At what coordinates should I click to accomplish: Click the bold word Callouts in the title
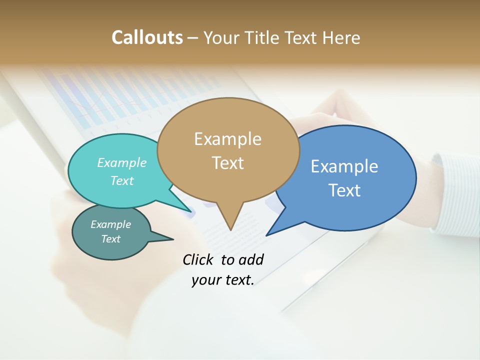point(147,37)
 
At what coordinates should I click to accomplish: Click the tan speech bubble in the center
point(228,150)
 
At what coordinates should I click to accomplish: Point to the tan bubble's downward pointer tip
point(230,230)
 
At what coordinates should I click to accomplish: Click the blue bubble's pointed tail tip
point(266,235)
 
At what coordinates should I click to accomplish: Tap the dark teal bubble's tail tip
point(173,239)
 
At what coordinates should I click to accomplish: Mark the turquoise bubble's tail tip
point(191,211)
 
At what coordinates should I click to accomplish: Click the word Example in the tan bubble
point(227,138)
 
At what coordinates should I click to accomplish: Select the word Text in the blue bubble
point(344,190)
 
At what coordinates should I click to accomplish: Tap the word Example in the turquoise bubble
point(122,162)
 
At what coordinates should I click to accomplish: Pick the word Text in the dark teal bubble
point(110,239)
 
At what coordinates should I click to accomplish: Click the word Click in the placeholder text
point(198,259)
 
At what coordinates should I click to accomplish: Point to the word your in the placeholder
point(205,280)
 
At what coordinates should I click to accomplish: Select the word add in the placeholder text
point(251,259)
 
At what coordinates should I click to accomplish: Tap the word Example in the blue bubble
point(344,166)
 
